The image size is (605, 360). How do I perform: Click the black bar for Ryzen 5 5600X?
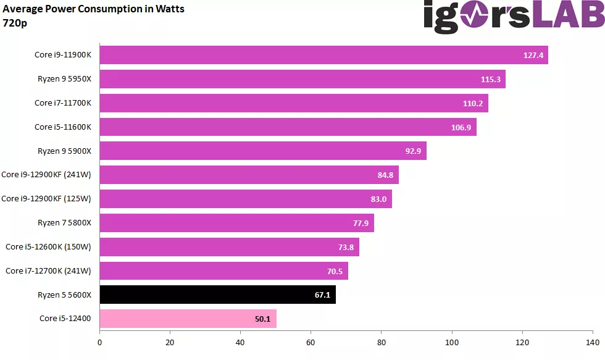(x=217, y=295)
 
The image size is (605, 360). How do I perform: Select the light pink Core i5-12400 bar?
(x=188, y=319)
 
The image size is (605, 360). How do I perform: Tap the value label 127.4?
(x=533, y=55)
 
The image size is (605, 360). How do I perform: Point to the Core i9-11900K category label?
(x=63, y=55)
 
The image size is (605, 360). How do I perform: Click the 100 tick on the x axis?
(x=452, y=342)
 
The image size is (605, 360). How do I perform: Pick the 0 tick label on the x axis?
(x=99, y=342)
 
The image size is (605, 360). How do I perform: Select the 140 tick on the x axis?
(x=593, y=342)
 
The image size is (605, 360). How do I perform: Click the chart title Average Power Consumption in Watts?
(x=93, y=9)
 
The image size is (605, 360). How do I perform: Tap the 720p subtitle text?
(x=15, y=23)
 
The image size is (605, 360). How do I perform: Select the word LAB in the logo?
(x=569, y=14)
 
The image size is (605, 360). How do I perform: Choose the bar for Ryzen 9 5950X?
(x=302, y=79)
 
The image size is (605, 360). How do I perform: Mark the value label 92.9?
(x=413, y=151)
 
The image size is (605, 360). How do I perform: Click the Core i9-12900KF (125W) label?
(x=46, y=199)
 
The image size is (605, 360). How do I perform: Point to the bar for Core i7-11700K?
(x=294, y=103)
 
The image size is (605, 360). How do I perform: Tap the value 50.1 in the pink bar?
(x=262, y=319)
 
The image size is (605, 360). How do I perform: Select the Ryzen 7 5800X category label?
(x=64, y=223)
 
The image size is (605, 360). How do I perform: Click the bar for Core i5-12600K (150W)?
(x=230, y=247)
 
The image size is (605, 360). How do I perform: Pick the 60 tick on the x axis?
(x=311, y=342)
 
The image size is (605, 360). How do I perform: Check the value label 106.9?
(x=461, y=127)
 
